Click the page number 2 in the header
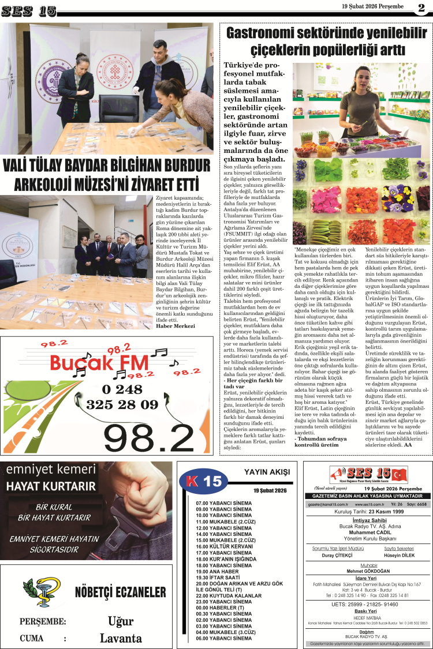pyautogui.click(x=421, y=8)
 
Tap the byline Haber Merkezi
pyautogui.click(x=176, y=326)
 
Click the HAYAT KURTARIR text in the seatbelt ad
pyautogui.click(x=51, y=486)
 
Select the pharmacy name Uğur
pyautogui.click(x=121, y=621)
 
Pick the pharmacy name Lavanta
pyautogui.click(x=121, y=638)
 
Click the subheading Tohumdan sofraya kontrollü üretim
pyautogui.click(x=316, y=441)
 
